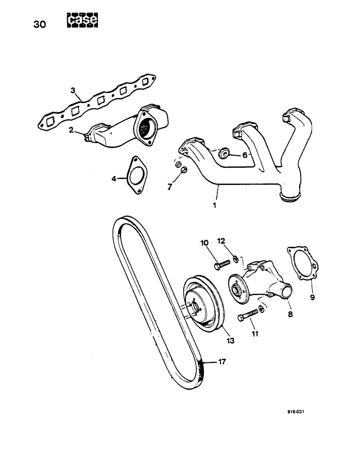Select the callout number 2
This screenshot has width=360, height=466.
click(71, 130)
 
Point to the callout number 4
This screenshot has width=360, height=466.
click(113, 178)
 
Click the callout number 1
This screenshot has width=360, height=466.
click(215, 204)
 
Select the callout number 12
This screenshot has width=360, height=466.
click(221, 241)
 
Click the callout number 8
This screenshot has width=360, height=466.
click(290, 314)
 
